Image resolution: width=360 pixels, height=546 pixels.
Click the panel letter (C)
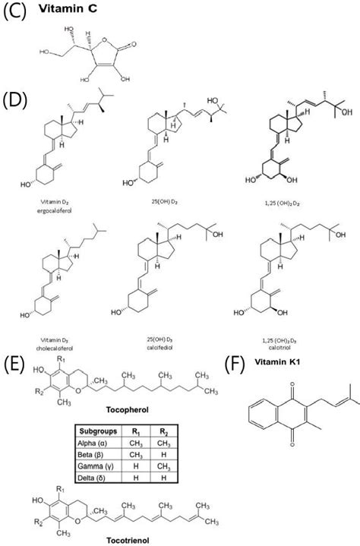pos(16,13)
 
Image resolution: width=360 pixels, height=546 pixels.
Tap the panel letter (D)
pos(16,101)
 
